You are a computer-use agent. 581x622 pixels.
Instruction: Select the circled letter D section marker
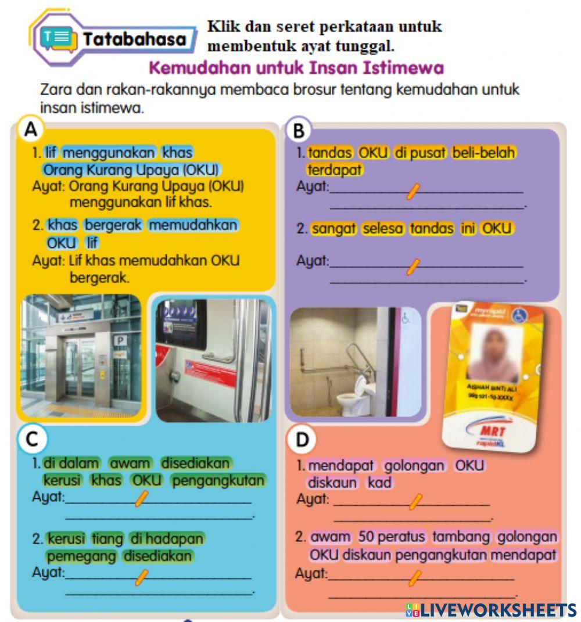click(x=302, y=440)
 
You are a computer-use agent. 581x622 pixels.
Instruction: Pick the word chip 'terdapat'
click(x=334, y=170)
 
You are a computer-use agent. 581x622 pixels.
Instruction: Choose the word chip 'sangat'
click(x=334, y=229)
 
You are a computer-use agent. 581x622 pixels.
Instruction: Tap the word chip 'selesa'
click(x=383, y=229)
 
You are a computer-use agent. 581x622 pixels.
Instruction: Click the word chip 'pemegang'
click(x=81, y=556)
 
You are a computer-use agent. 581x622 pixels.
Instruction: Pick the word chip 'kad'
click(x=379, y=483)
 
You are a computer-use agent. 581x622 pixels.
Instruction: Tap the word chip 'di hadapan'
click(x=167, y=539)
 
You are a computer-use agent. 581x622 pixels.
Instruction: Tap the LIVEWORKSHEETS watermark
click(x=491, y=610)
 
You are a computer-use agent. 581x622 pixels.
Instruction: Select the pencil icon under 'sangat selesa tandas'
click(x=413, y=267)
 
